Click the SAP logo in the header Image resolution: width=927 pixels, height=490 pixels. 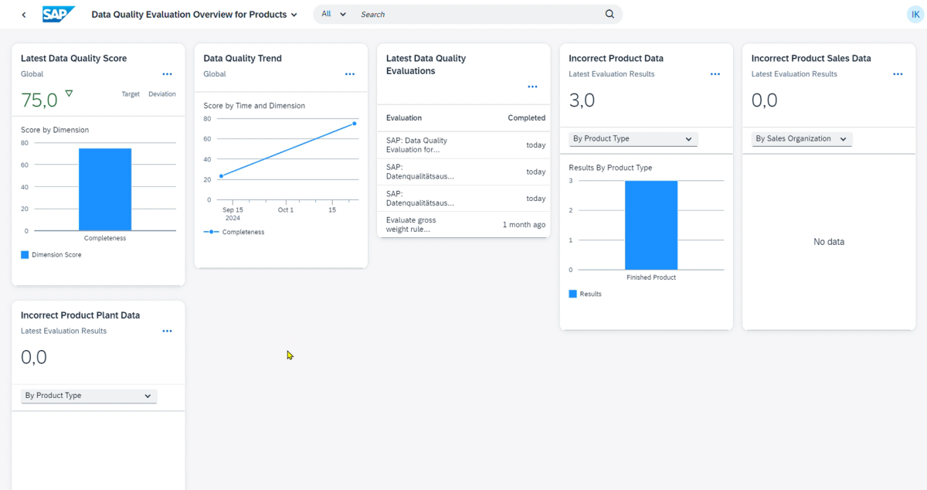[59, 15]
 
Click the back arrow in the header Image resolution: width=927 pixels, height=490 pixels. [24, 15]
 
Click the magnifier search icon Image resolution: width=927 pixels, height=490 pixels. [610, 15]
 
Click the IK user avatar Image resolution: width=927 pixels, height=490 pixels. [915, 15]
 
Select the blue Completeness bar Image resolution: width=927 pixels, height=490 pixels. [105, 189]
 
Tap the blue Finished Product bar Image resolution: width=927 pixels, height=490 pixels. [651, 225]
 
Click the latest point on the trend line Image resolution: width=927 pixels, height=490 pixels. [355, 124]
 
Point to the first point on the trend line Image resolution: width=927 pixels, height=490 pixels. [222, 176]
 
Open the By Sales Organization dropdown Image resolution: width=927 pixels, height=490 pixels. [800, 139]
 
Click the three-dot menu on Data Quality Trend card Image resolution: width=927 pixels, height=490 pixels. [350, 74]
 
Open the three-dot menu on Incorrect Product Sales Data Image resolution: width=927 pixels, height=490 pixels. [898, 74]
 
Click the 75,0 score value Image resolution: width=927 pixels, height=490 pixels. [39, 100]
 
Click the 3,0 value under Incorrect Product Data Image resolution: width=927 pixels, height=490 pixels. [582, 100]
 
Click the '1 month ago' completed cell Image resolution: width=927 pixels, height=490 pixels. [524, 225]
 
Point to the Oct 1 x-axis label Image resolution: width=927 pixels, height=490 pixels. [286, 210]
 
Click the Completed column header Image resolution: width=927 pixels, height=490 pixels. [526, 118]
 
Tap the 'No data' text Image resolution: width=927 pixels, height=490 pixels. [829, 242]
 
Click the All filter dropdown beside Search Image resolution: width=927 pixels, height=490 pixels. [334, 15]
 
